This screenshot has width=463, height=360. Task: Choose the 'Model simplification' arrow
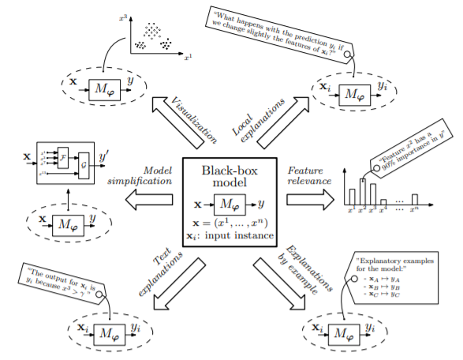tap(150, 200)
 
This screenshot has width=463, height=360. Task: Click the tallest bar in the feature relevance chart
tap(362, 192)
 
